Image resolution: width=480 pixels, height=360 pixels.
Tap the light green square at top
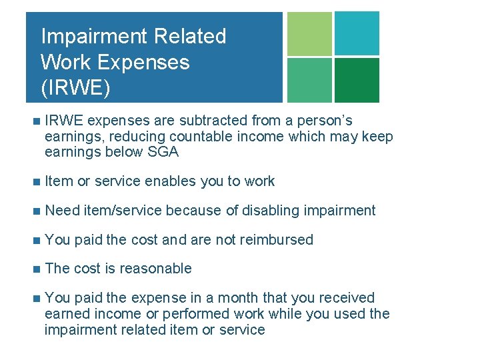click(x=309, y=33)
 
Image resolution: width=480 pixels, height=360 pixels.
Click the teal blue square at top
click(x=357, y=33)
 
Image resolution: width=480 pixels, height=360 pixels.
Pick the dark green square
click(x=357, y=80)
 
